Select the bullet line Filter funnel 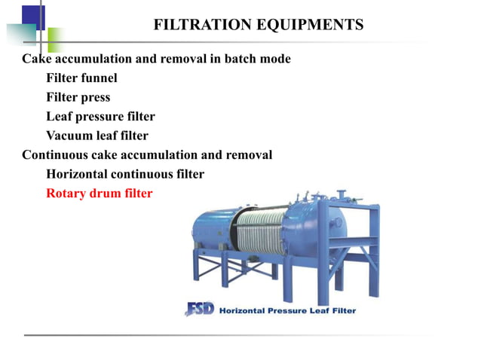click(x=81, y=78)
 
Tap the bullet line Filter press click(x=78, y=97)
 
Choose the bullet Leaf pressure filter click(x=100, y=117)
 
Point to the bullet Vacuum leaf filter click(x=97, y=136)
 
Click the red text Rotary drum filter click(x=99, y=194)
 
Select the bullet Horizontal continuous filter click(x=124, y=174)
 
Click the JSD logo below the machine click(x=199, y=310)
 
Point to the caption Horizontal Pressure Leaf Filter click(x=287, y=310)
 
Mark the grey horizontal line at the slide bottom click(x=240, y=334)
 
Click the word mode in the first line click(x=274, y=59)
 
